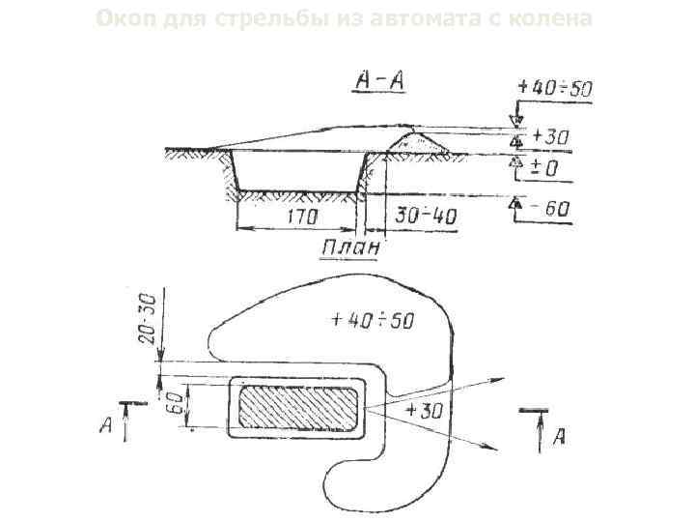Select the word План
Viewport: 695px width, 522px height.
(x=349, y=248)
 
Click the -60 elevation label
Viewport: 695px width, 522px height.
(x=552, y=208)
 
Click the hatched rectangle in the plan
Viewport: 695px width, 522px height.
(x=297, y=406)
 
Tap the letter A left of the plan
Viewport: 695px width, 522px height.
(x=107, y=426)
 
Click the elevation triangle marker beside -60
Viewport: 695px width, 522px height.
(x=517, y=205)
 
